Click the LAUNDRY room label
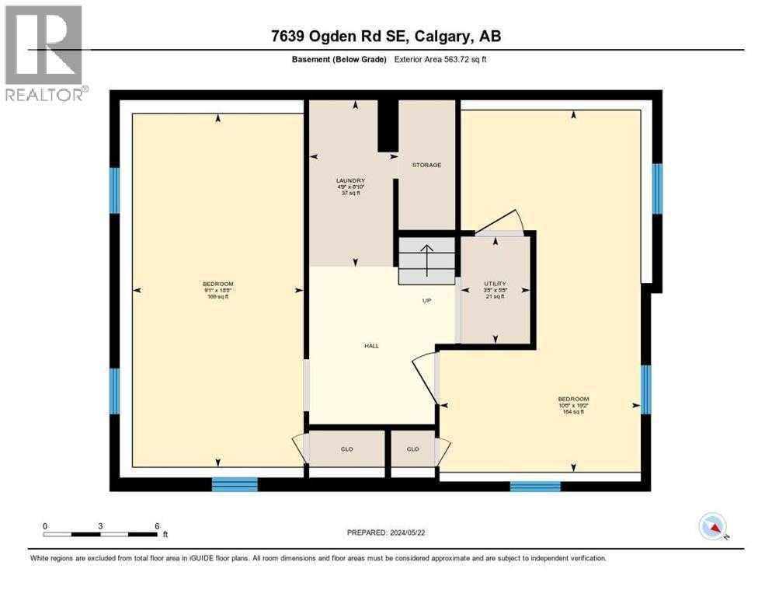pos(351,180)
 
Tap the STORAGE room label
pos(426,165)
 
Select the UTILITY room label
pos(495,284)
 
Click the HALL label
pos(371,345)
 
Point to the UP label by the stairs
pos(427,301)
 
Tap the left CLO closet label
pos(347,449)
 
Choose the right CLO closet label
pos(412,449)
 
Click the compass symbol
pos(712,526)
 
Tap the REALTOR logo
pos(44,53)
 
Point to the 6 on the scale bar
pos(157,525)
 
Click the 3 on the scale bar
pos(100,525)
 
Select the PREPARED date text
pos(386,532)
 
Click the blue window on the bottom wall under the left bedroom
pos(235,484)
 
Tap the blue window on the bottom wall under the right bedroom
pos(534,486)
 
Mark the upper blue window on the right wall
pos(657,188)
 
